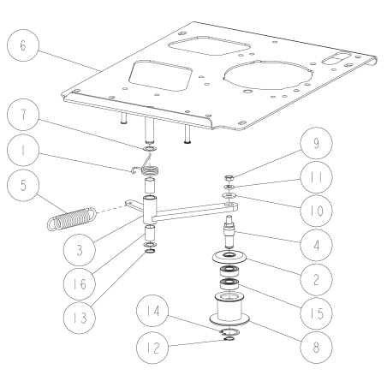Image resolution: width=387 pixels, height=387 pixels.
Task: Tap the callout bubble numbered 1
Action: click(x=21, y=154)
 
